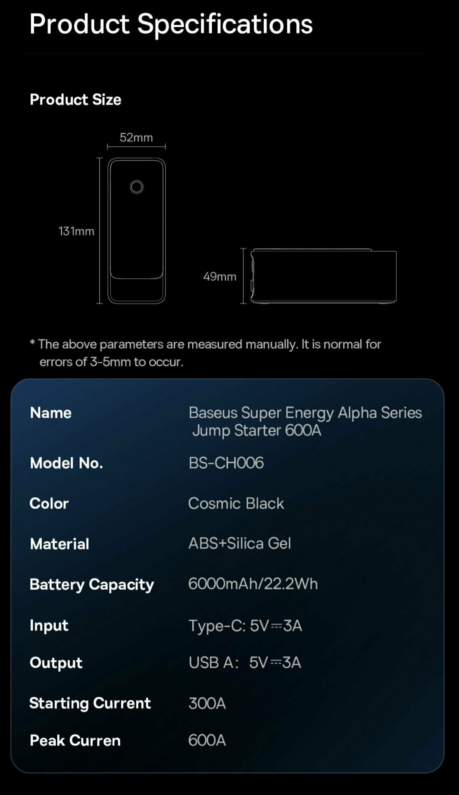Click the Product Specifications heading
[171, 24]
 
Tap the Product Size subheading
[76, 99]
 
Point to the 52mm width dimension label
[136, 137]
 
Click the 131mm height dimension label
[76, 231]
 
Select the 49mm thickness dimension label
[219, 276]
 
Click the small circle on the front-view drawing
[137, 187]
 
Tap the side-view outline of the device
[323, 276]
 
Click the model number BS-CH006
[226, 463]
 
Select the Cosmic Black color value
[236, 503]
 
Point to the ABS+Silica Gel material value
[240, 543]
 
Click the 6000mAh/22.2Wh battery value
[253, 584]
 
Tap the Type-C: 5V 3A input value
[245, 626]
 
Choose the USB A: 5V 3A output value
[245, 662]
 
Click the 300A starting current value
[207, 703]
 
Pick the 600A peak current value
[207, 740]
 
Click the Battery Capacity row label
[92, 585]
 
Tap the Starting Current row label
[90, 703]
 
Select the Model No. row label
[66, 463]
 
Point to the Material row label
[59, 544]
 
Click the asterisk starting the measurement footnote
[32, 343]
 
